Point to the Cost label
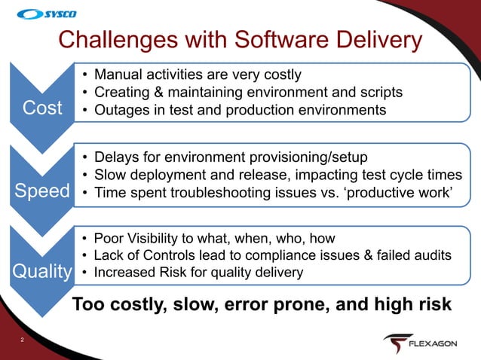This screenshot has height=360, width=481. click(x=43, y=108)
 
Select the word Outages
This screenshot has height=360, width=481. click(x=121, y=110)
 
